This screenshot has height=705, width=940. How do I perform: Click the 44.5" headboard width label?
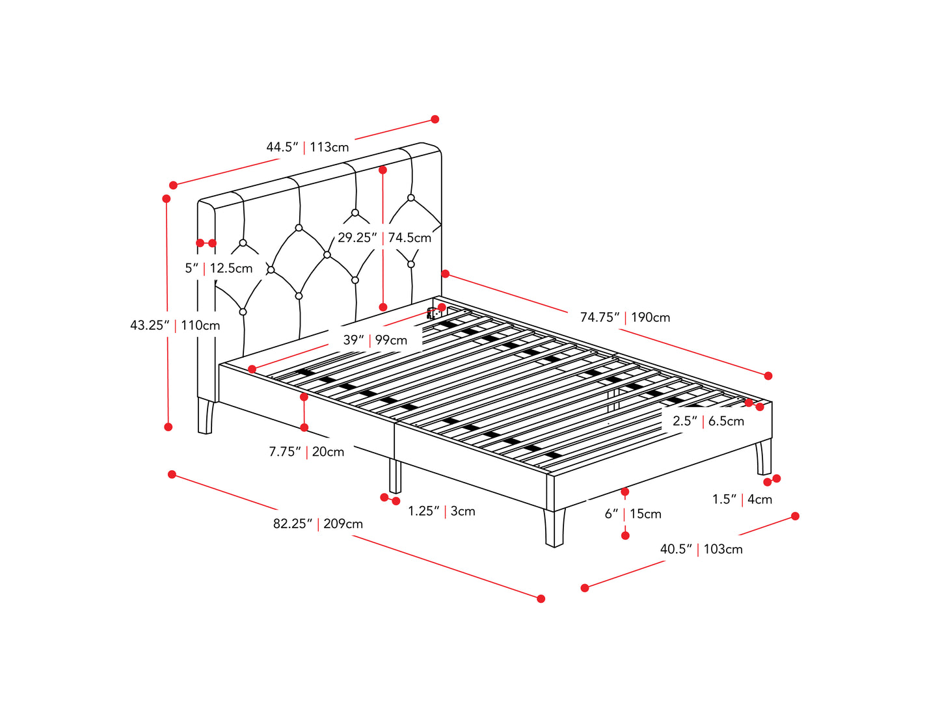click(x=308, y=147)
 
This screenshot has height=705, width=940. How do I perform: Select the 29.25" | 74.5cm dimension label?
click(x=384, y=237)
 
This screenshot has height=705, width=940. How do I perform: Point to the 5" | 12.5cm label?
click(x=219, y=269)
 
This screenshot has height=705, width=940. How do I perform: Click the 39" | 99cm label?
click(x=375, y=340)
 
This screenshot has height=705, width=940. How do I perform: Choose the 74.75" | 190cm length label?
click(x=624, y=317)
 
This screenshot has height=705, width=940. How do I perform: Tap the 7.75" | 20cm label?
click(x=306, y=452)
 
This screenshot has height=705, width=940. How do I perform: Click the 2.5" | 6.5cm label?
click(x=708, y=421)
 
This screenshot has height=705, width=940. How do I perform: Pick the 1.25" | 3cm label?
click(x=441, y=512)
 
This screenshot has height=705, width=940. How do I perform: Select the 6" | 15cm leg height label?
click(x=632, y=514)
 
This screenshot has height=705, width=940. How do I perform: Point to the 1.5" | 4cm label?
click(x=742, y=499)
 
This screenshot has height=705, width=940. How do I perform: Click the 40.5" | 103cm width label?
click(x=701, y=549)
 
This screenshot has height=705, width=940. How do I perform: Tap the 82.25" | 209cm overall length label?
click(x=317, y=524)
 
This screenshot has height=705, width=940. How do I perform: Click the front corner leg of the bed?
click(x=554, y=527)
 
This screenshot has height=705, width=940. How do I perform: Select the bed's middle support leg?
click(x=395, y=476)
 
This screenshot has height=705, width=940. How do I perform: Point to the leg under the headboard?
click(x=205, y=416)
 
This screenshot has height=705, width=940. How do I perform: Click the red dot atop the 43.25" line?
click(x=167, y=198)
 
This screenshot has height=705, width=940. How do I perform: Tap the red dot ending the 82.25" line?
click(x=541, y=599)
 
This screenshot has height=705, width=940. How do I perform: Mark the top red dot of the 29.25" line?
click(x=383, y=170)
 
